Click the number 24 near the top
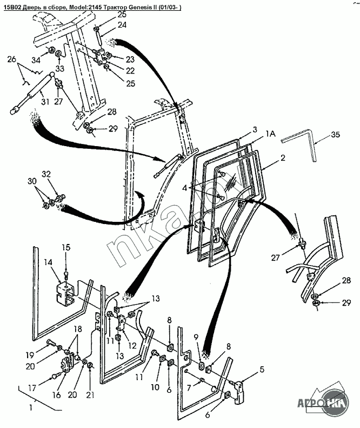coord(122,25)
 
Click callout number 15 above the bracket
coord(66,247)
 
